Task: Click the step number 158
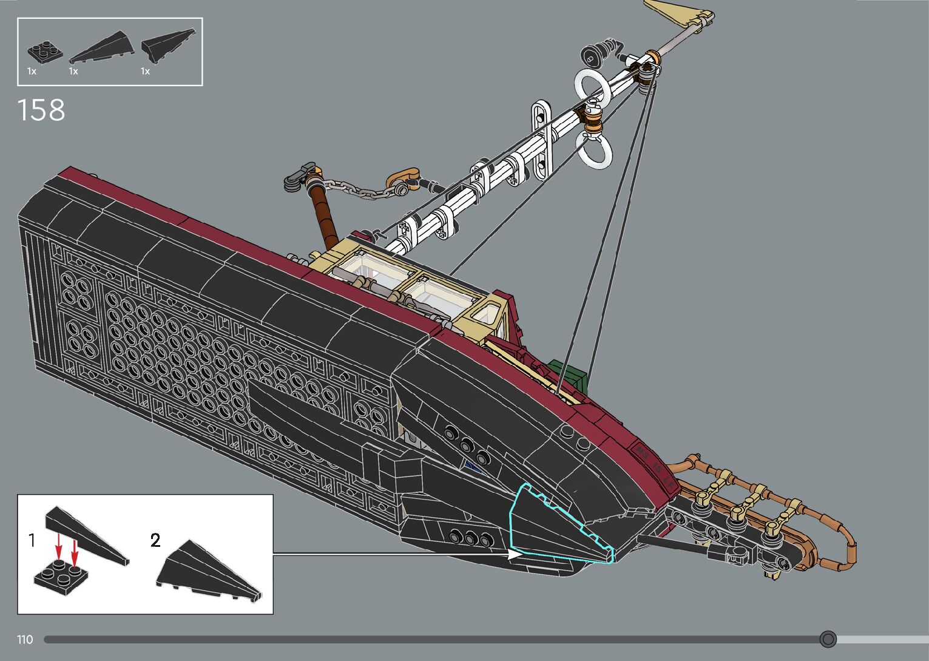pos(41,110)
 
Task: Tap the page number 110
pos(25,639)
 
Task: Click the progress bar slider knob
pos(828,639)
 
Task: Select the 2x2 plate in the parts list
pos(43,52)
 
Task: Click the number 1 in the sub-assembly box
pos(32,540)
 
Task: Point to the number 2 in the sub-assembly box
pos(155,540)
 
